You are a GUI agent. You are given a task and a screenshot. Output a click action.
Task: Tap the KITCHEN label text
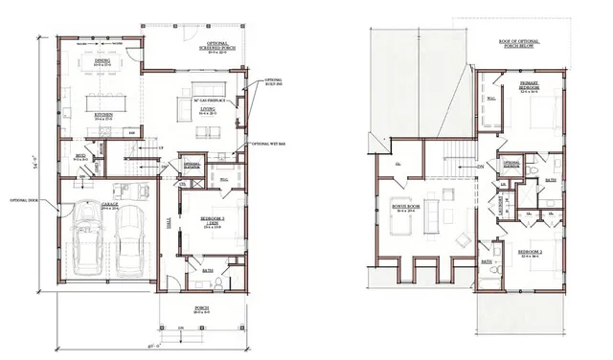click(104, 114)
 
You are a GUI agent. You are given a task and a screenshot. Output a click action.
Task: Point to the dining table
click(102, 74)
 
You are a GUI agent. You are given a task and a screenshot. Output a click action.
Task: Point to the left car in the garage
click(88, 238)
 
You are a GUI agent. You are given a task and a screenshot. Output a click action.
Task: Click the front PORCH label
click(201, 308)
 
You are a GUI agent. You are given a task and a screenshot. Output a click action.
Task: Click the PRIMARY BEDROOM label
click(528, 88)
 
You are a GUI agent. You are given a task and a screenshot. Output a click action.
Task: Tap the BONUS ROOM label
click(407, 205)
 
